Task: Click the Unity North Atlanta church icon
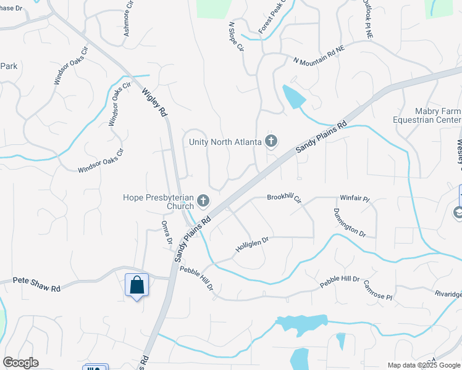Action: [x=271, y=142]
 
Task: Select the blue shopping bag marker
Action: [x=136, y=286]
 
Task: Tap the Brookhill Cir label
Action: [x=283, y=199]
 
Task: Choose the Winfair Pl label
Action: [x=354, y=199]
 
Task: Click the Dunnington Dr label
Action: [x=350, y=223]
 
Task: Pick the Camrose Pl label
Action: [x=378, y=288]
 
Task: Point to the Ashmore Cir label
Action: [x=129, y=19]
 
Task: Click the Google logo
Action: [x=20, y=363]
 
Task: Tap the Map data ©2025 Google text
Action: [x=424, y=365]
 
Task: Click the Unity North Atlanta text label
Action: [x=225, y=142]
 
